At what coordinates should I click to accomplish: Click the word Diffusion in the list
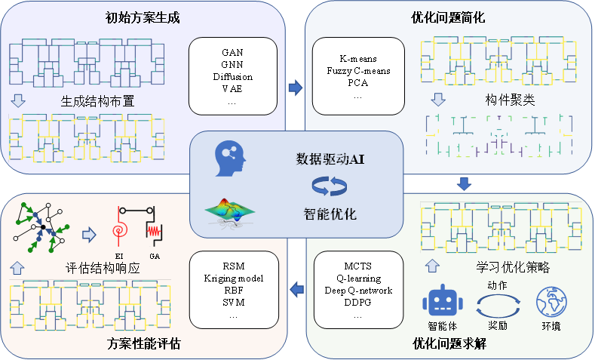(232, 77)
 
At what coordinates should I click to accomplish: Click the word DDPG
(357, 303)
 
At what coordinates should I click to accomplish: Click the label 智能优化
(327, 215)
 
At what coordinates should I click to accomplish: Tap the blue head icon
(230, 159)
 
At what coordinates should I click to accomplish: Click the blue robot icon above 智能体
(442, 303)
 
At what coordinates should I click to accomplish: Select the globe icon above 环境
(551, 303)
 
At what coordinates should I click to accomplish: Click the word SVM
(232, 303)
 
